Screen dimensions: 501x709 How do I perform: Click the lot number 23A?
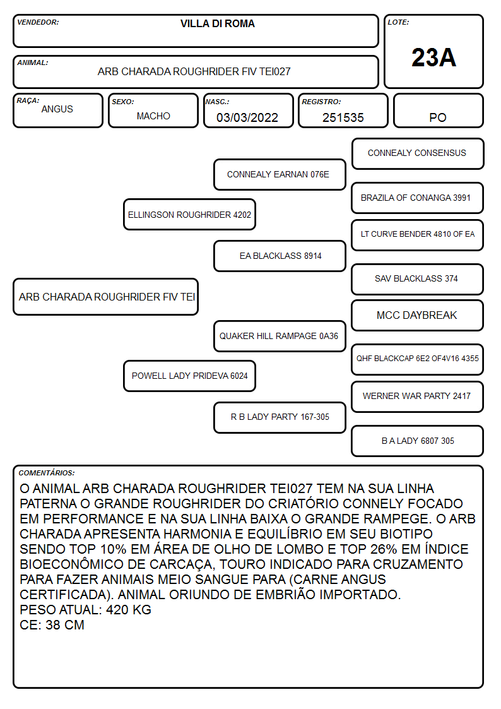[433, 57]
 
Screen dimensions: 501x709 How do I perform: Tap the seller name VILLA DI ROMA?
[217, 23]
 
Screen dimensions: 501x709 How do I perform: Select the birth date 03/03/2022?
[247, 117]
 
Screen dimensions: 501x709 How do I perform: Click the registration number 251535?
[343, 117]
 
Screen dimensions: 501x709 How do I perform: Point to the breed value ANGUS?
[57, 109]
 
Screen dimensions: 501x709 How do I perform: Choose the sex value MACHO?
[153, 116]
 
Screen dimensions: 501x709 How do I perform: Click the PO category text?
[438, 117]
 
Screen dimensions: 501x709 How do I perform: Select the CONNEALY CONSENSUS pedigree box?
[418, 154]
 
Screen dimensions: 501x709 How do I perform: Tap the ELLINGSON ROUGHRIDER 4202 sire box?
[190, 214]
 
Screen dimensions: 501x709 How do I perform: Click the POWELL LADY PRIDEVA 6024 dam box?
[190, 376]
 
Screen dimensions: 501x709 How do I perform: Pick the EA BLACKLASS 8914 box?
[280, 256]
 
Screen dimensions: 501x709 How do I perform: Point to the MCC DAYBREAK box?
[418, 315]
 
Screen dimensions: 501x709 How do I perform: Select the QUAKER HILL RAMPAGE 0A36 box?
[280, 336]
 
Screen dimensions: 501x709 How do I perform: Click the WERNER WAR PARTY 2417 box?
[418, 396]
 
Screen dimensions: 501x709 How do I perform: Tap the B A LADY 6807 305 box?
[418, 441]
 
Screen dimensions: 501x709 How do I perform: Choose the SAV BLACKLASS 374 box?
[418, 279]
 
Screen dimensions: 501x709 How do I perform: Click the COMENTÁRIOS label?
[47, 473]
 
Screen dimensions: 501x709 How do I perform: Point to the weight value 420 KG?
[129, 609]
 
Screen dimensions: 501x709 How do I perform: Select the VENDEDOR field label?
[38, 22]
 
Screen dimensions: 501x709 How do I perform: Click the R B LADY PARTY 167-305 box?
[280, 417]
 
